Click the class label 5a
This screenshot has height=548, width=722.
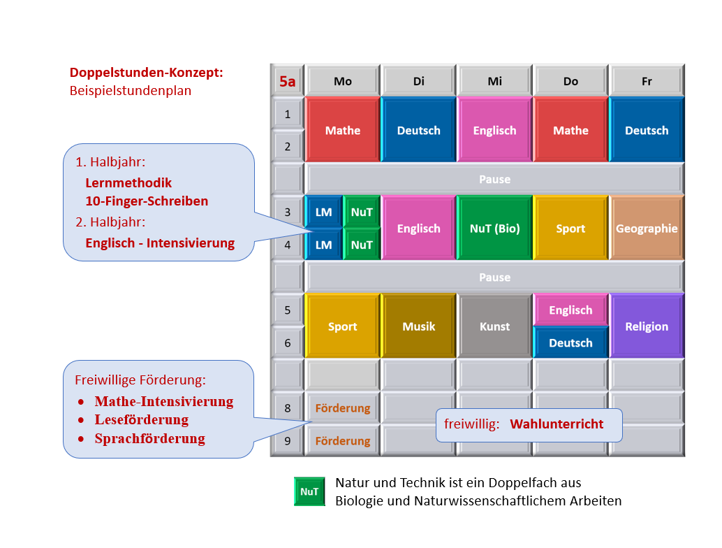(x=287, y=81)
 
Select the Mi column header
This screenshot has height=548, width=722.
(x=494, y=81)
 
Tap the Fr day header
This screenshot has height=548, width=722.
(x=647, y=81)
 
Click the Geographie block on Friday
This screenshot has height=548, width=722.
(x=647, y=228)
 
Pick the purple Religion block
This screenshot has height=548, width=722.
(x=647, y=326)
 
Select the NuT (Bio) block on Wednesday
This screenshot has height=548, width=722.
(x=494, y=228)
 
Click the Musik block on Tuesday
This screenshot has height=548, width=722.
(x=418, y=326)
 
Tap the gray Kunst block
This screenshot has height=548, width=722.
(x=494, y=326)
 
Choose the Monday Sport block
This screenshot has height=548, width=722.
(x=343, y=326)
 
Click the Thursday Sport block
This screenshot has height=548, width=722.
(x=570, y=228)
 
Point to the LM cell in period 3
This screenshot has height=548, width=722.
(x=324, y=212)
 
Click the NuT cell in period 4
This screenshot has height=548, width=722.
(x=362, y=245)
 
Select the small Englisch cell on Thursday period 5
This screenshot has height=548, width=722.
(x=570, y=310)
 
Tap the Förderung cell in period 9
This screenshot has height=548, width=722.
(x=343, y=440)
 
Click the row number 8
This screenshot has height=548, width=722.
(x=287, y=408)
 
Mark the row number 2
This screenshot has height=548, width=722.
(x=287, y=147)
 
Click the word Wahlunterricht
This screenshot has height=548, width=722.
(x=557, y=424)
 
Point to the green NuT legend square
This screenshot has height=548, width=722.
(x=309, y=491)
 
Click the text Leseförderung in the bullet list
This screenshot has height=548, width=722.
(x=141, y=419)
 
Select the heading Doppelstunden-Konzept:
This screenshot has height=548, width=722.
(x=147, y=73)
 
